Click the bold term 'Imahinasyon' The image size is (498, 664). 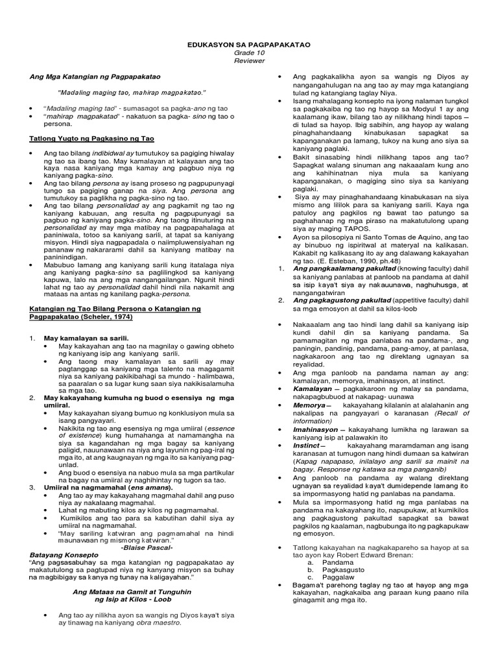pos(316,429)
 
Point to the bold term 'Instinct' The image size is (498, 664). pos(307,445)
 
